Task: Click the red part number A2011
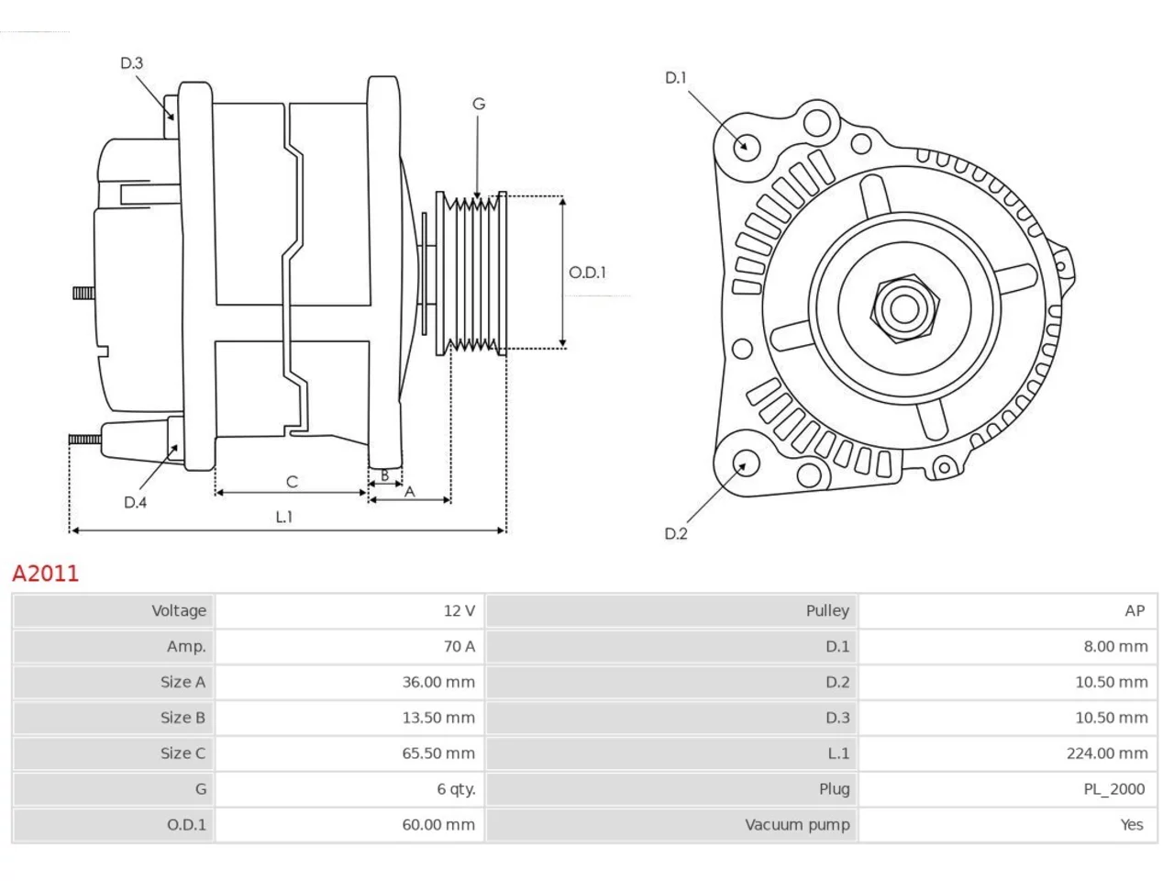pos(46,574)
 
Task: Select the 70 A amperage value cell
pos(459,646)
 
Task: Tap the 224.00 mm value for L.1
pos(1107,753)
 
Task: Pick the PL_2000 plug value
pos(1114,789)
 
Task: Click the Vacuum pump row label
pos(797,825)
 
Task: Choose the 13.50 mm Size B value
pos(438,718)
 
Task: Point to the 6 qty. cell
pos(456,789)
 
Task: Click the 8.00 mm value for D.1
pos(1115,646)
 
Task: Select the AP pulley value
pos(1135,610)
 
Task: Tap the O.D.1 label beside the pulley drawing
pos(587,273)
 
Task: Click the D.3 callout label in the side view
pos(131,63)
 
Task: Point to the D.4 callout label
pos(135,502)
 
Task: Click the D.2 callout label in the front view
pos(676,533)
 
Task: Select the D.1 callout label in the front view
pos(676,78)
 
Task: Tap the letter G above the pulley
pos(479,104)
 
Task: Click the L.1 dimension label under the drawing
pos(284,517)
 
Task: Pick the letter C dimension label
pos(292,482)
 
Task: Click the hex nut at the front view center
pos(904,309)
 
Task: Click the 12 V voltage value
pos(459,610)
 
